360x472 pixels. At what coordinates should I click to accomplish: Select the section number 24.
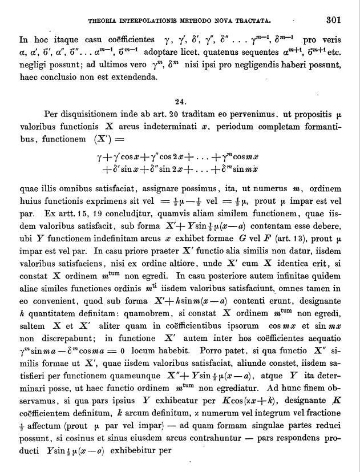pyautogui.click(x=180, y=102)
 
